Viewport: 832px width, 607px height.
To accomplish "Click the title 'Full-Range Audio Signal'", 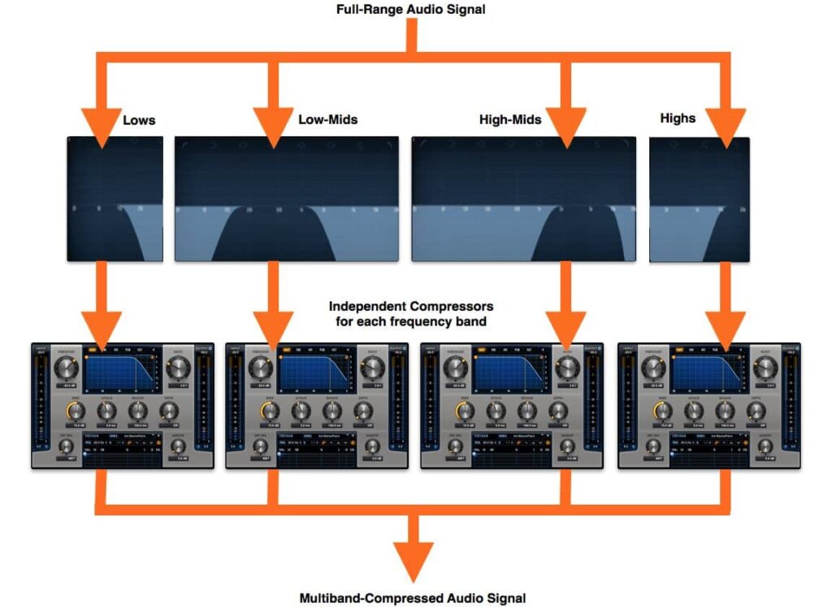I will click(x=415, y=10).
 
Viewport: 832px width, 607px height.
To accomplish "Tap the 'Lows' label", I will click(x=139, y=120).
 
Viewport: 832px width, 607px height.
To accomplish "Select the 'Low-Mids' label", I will click(x=328, y=119).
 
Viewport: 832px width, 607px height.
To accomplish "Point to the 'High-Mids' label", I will click(x=510, y=120).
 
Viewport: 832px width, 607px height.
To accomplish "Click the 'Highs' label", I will click(x=678, y=118).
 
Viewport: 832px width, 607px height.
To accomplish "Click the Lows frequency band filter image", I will click(x=115, y=199).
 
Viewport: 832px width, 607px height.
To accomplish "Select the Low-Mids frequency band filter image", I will click(x=287, y=199).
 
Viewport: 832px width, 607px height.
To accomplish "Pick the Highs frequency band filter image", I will click(x=700, y=199).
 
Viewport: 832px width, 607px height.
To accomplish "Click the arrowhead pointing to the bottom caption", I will click(x=415, y=560).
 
